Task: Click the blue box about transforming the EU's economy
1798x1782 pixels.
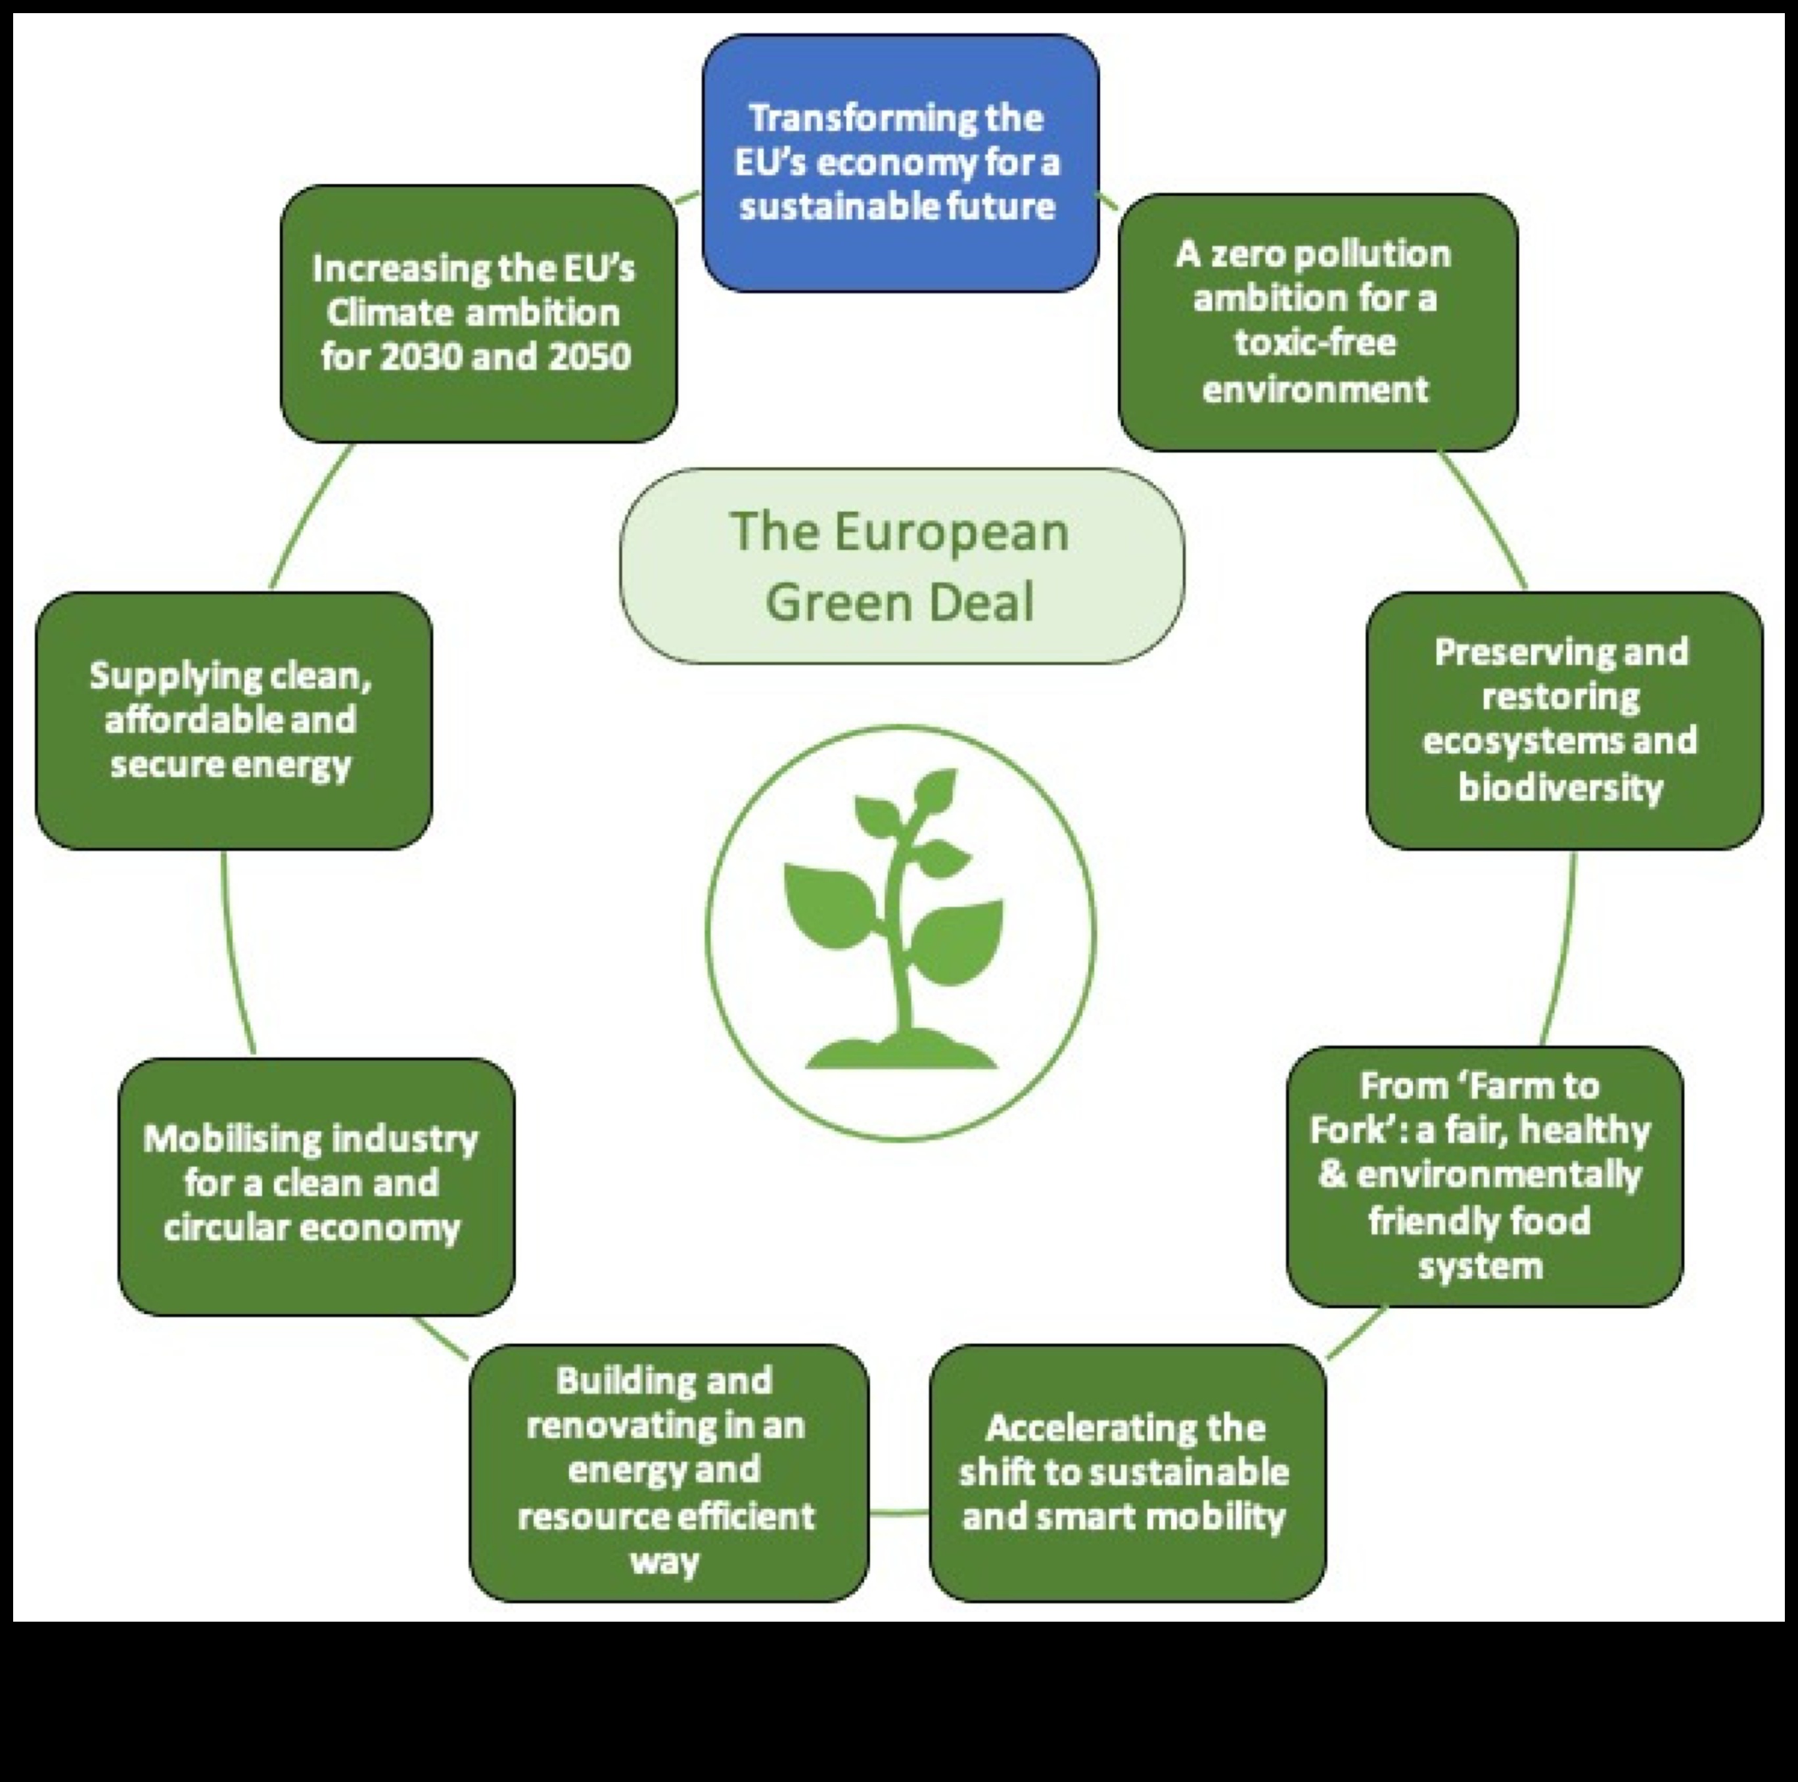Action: pos(900,163)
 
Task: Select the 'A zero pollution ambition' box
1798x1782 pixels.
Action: pos(1317,321)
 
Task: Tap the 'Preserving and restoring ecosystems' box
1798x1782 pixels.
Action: pos(1563,720)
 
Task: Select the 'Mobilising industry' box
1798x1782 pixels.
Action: pos(315,1185)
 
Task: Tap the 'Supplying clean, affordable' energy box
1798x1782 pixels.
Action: pos(233,720)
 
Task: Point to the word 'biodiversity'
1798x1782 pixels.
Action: pos(1561,787)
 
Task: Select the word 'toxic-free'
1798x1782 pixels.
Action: pos(1315,342)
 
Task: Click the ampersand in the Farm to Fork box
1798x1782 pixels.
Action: pos(1333,1174)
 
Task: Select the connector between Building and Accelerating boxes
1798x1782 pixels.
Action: pos(899,1512)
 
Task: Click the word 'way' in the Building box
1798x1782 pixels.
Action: pos(664,1561)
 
